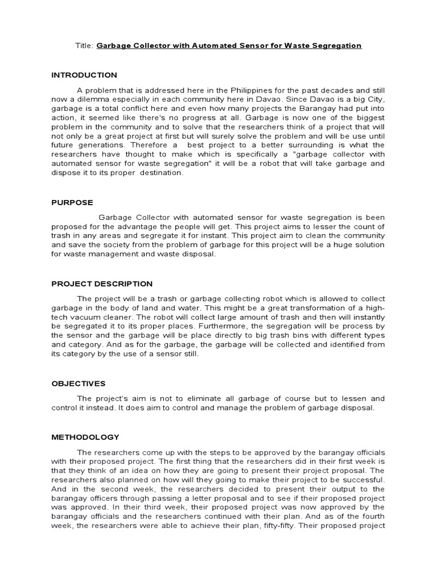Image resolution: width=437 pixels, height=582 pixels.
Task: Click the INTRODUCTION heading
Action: pos(84,75)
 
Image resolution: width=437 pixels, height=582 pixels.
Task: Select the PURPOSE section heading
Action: pos(72,202)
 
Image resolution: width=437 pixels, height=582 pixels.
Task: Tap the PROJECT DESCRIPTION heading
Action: pos(102,284)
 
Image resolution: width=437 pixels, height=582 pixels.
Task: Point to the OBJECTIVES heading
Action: pos(79,384)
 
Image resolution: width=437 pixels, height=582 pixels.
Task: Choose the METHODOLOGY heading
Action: pos(85,437)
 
